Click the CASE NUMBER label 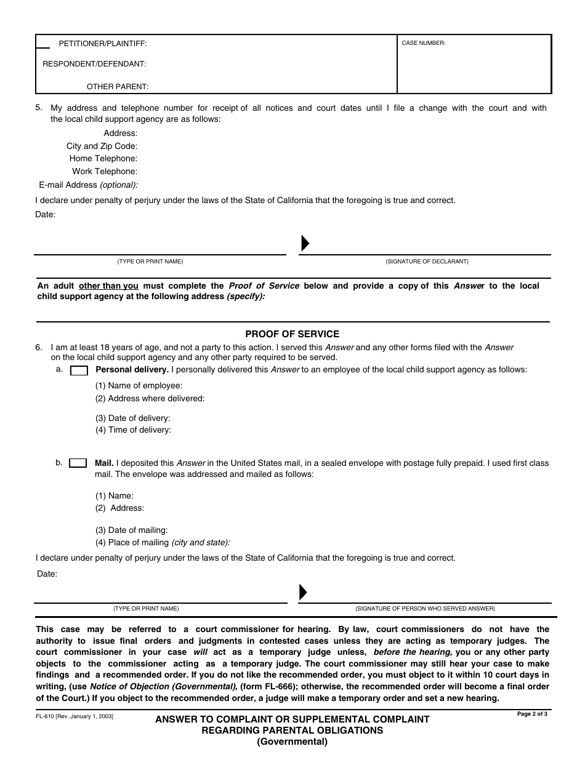(423, 43)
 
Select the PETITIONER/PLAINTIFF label (102, 44)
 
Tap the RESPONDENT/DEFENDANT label (94, 64)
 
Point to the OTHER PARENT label (117, 87)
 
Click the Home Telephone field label (103, 159)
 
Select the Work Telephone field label (105, 172)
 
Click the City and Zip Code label (102, 146)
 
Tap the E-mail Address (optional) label (89, 185)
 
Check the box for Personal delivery (79, 370)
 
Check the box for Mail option (78, 463)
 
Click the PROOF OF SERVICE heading (292, 334)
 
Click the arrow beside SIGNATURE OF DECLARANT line (304, 244)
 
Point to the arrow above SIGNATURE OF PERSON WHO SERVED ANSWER (303, 592)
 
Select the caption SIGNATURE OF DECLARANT (427, 262)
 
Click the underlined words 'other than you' (109, 286)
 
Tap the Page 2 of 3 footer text (532, 714)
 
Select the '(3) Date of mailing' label (131, 530)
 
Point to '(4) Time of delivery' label (133, 430)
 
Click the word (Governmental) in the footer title (292, 742)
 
